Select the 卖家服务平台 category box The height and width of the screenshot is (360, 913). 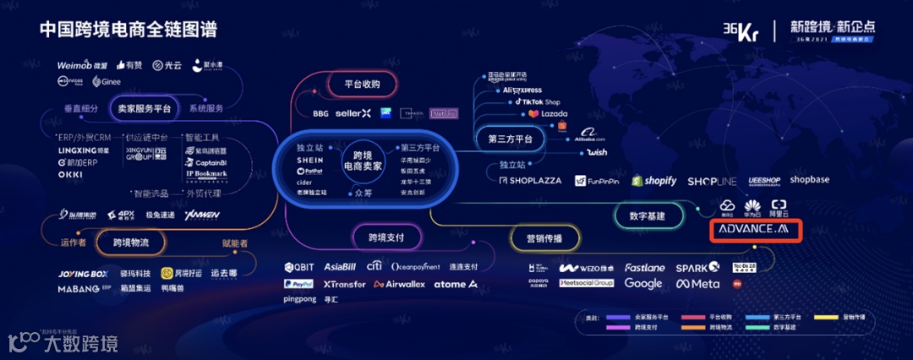144,109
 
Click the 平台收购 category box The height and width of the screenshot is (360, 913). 362,85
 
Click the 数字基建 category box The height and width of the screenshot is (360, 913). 648,216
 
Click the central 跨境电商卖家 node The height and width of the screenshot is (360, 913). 363,161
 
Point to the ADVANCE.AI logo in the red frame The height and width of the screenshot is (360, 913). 752,230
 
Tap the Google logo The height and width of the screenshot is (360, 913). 643,284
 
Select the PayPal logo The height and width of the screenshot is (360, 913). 298,284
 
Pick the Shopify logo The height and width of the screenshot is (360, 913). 649,181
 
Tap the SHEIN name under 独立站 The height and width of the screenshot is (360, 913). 310,160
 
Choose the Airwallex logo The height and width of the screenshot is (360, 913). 400,284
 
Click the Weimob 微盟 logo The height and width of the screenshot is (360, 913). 83,65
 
